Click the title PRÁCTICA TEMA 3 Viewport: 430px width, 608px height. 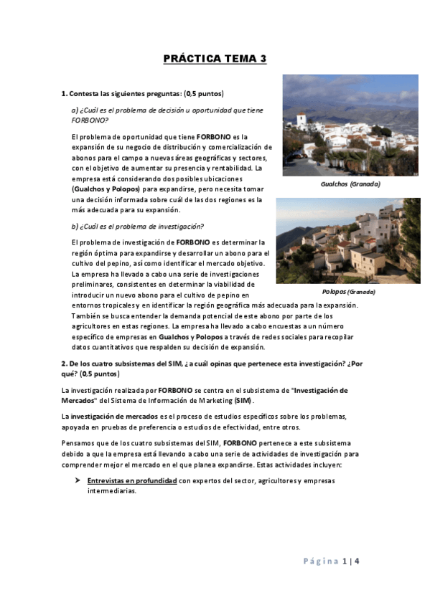(x=215, y=59)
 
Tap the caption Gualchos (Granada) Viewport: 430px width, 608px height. (x=350, y=184)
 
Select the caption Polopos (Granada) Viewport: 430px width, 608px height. (x=348, y=292)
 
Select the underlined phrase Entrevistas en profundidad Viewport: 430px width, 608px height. (x=131, y=480)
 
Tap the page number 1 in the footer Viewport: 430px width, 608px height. (x=345, y=561)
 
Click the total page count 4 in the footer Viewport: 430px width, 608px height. (x=357, y=561)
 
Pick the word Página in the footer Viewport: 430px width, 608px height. (x=320, y=561)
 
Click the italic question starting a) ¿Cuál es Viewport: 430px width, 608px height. (x=167, y=110)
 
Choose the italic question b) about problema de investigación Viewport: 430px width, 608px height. (x=138, y=227)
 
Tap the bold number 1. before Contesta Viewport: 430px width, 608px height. (x=64, y=94)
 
